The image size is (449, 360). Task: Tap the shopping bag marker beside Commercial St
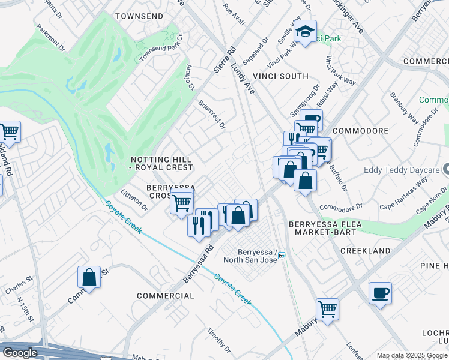tap(89, 277)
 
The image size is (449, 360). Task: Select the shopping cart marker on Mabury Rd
tap(327, 310)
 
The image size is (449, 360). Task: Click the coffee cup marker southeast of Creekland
tap(380, 293)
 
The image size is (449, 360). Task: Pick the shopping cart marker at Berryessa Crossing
tap(181, 202)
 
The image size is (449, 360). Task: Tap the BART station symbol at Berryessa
tap(281, 256)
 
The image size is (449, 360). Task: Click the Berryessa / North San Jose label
tap(250, 256)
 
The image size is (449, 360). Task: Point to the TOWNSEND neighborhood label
tap(139, 16)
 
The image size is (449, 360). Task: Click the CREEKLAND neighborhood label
tap(365, 250)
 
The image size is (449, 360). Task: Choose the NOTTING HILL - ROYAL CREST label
tap(162, 163)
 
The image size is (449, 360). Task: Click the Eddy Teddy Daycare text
tap(401, 170)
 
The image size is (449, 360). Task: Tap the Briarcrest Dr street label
tap(212, 114)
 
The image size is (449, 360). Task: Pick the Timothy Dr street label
tap(219, 340)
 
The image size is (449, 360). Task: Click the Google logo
tap(20, 353)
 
